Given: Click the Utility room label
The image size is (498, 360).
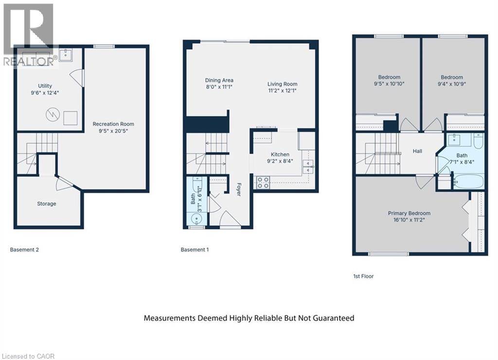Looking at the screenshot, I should (x=45, y=86).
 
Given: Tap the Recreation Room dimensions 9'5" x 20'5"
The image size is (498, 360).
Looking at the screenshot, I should (x=113, y=131).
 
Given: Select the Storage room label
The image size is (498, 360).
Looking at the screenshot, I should (x=47, y=204).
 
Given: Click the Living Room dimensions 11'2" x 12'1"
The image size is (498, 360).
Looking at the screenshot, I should (x=282, y=90).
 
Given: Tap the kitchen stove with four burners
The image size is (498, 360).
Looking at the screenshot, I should (x=263, y=182).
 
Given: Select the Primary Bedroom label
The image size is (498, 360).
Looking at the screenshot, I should (x=409, y=213).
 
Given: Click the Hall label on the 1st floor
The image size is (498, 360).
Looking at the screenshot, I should (x=417, y=151).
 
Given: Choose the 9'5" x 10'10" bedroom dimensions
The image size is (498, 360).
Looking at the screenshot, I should (x=389, y=84).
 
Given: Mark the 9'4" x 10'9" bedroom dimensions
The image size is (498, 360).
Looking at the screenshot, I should (x=452, y=84).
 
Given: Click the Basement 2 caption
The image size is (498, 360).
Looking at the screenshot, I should (x=24, y=250).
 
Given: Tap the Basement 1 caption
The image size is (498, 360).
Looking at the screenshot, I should (x=195, y=250).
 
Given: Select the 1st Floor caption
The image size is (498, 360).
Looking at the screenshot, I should (x=363, y=276).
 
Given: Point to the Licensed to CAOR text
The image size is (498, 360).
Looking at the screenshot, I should (x=28, y=356).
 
